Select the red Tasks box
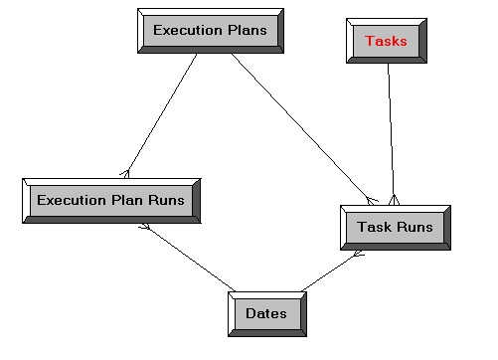(x=387, y=41)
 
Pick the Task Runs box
(x=395, y=228)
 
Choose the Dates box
(x=266, y=314)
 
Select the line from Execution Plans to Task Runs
(x=303, y=126)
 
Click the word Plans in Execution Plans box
(x=247, y=31)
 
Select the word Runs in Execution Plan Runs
(x=166, y=200)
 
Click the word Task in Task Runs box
(x=375, y=228)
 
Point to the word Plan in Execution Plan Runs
(x=128, y=200)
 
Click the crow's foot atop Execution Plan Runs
(x=125, y=172)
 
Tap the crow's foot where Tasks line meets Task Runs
(x=394, y=199)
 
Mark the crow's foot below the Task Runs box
(x=358, y=255)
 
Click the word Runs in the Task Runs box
(x=415, y=228)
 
